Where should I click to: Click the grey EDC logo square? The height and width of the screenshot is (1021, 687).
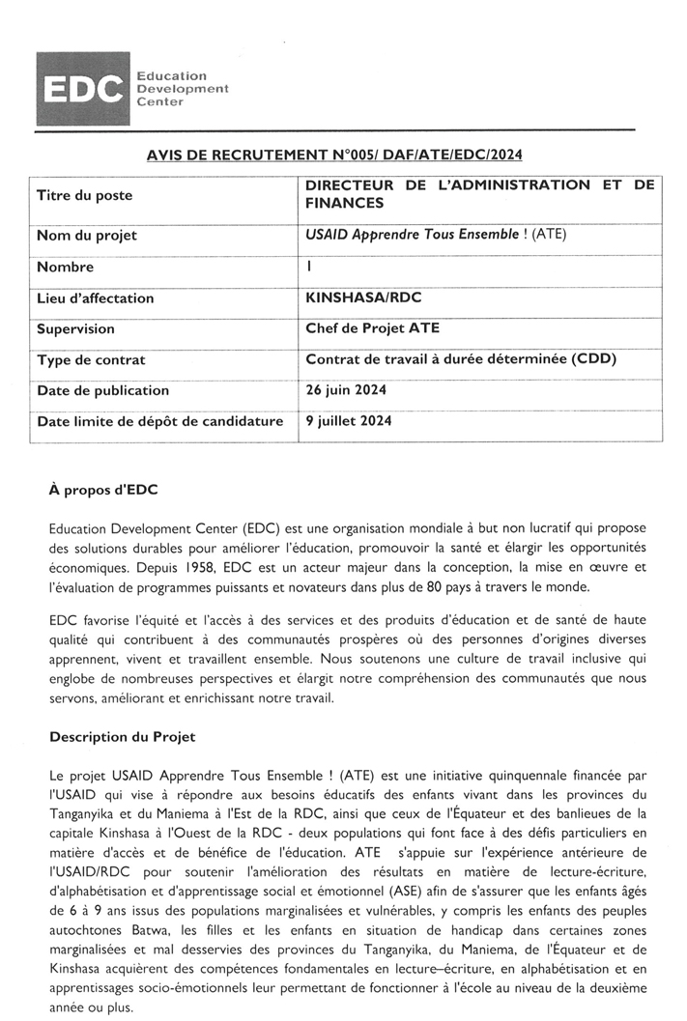point(83,90)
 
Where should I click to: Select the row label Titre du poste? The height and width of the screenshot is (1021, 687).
point(84,195)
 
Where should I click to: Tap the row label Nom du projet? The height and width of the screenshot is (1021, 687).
point(86,236)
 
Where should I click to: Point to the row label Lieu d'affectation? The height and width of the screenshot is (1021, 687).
point(95,298)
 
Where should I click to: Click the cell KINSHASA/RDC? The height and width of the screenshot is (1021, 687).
point(362,298)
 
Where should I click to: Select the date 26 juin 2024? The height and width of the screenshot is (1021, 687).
point(347,390)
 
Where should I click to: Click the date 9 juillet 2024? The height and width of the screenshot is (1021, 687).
point(349,421)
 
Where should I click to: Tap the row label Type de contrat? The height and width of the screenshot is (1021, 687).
point(91,360)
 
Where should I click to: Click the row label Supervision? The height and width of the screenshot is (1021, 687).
point(75,329)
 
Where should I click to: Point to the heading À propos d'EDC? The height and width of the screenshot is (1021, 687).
point(103,490)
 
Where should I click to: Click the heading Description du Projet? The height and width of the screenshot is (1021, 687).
point(122,737)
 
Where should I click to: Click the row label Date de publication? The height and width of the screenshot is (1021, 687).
point(102,391)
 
